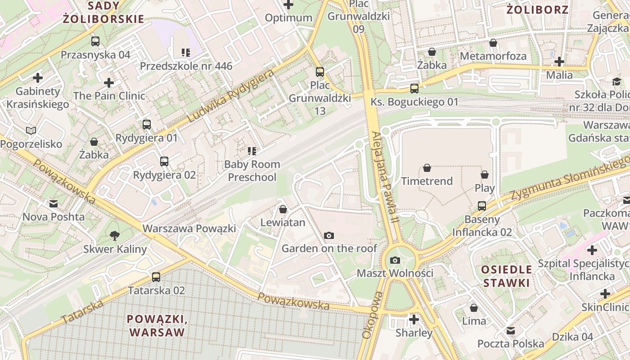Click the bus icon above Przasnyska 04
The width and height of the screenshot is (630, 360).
pyautogui.click(x=95, y=41)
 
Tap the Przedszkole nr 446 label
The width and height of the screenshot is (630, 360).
pyautogui.click(x=186, y=66)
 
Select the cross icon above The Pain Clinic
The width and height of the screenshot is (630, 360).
pyautogui.click(x=109, y=83)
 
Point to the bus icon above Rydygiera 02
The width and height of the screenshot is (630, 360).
pyautogui.click(x=164, y=161)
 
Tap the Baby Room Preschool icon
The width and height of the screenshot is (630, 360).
pyautogui.click(x=252, y=151)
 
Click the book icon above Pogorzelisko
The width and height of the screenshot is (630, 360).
pyautogui.click(x=31, y=130)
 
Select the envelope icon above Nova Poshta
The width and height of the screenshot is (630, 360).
pyautogui.click(x=54, y=203)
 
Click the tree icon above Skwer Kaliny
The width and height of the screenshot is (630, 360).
pyautogui.click(x=115, y=235)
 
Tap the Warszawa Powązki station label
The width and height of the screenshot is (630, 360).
pyautogui.click(x=189, y=229)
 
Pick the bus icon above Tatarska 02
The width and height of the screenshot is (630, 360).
pyautogui.click(x=156, y=277)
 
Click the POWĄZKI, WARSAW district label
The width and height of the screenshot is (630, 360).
pyautogui.click(x=157, y=326)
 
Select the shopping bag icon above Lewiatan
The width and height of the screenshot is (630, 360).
pyautogui.click(x=283, y=209)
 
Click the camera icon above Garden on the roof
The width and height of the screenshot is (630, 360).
pyautogui.click(x=329, y=235)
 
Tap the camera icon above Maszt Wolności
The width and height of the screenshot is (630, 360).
pyautogui.click(x=395, y=260)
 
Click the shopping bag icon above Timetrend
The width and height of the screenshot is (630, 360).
pyautogui.click(x=427, y=168)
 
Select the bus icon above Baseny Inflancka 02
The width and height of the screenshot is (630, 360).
pyautogui.click(x=482, y=206)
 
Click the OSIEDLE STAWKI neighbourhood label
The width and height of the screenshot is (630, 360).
pyautogui.click(x=506, y=276)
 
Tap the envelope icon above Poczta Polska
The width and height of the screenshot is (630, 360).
pyautogui.click(x=510, y=331)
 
